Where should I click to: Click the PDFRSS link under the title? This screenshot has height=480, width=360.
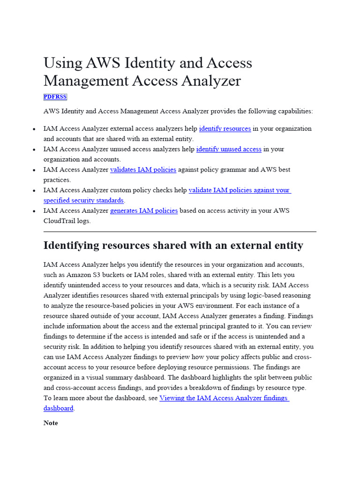(x=55, y=97)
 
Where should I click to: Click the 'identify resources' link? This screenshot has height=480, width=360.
(x=225, y=128)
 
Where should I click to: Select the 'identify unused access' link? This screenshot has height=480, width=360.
(x=229, y=149)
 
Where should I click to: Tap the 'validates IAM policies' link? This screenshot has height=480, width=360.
(x=143, y=170)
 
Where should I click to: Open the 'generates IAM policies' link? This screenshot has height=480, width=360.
(x=144, y=211)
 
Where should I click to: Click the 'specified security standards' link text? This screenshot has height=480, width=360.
(x=83, y=201)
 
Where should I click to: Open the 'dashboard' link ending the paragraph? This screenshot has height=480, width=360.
(x=58, y=408)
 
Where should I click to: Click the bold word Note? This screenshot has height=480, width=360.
(x=51, y=423)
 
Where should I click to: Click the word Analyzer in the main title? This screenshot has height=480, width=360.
(x=211, y=81)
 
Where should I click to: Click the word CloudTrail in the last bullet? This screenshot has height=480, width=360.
(x=60, y=221)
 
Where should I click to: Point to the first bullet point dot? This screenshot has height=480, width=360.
(x=35, y=129)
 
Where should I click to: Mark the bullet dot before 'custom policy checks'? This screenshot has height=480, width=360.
(x=35, y=191)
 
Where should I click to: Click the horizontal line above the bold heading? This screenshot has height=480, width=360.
(x=180, y=232)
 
